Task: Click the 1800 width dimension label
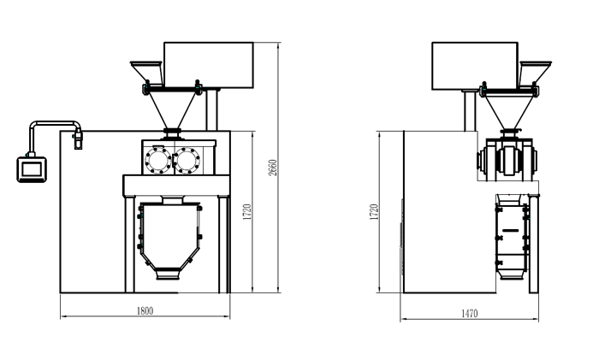tap(145, 311)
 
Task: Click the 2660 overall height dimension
tap(272, 168)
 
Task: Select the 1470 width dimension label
tap(470, 314)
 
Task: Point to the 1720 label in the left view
tap(247, 212)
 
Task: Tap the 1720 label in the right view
tap(374, 212)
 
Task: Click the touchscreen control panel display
tap(32, 169)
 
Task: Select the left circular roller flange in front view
tap(158, 161)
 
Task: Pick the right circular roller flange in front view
tap(187, 161)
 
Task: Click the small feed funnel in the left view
tap(146, 73)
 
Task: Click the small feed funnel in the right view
tap(535, 73)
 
